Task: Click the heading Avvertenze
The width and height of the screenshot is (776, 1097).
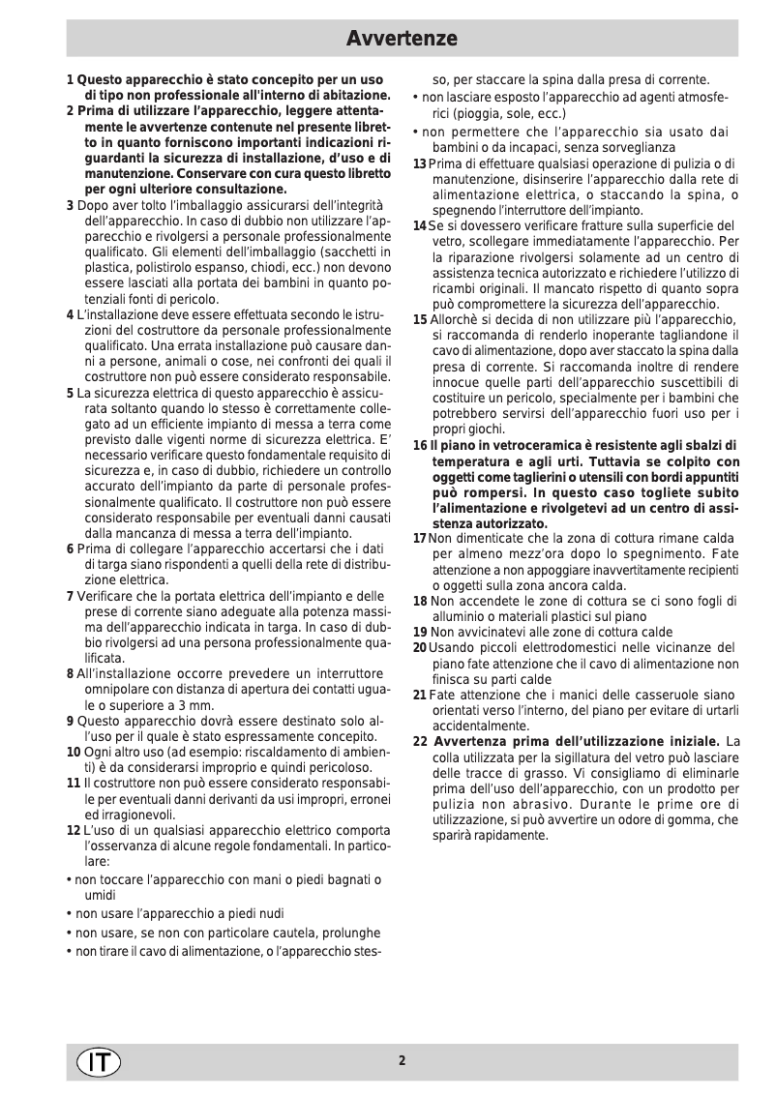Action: [402, 39]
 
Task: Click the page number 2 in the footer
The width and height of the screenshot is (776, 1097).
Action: [402, 1060]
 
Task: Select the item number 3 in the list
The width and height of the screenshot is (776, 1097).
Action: [70, 205]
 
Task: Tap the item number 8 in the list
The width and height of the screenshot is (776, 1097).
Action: [70, 673]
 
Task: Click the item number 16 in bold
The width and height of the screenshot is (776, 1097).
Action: [420, 445]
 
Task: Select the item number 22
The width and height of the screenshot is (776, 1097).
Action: [420, 741]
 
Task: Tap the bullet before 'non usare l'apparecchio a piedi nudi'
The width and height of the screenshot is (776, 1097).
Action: [69, 912]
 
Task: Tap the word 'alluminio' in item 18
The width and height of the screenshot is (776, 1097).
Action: [460, 616]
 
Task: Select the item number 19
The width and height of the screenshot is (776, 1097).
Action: [420, 632]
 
